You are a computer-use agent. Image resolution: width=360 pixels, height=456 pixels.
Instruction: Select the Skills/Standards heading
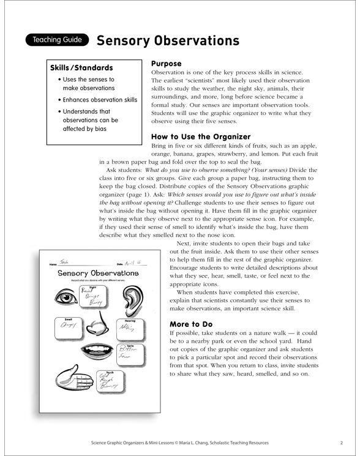coord(81,68)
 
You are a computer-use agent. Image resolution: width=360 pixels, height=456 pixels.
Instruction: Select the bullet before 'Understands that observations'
coord(59,112)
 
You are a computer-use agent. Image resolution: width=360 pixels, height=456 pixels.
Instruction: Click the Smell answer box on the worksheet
coord(64,329)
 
